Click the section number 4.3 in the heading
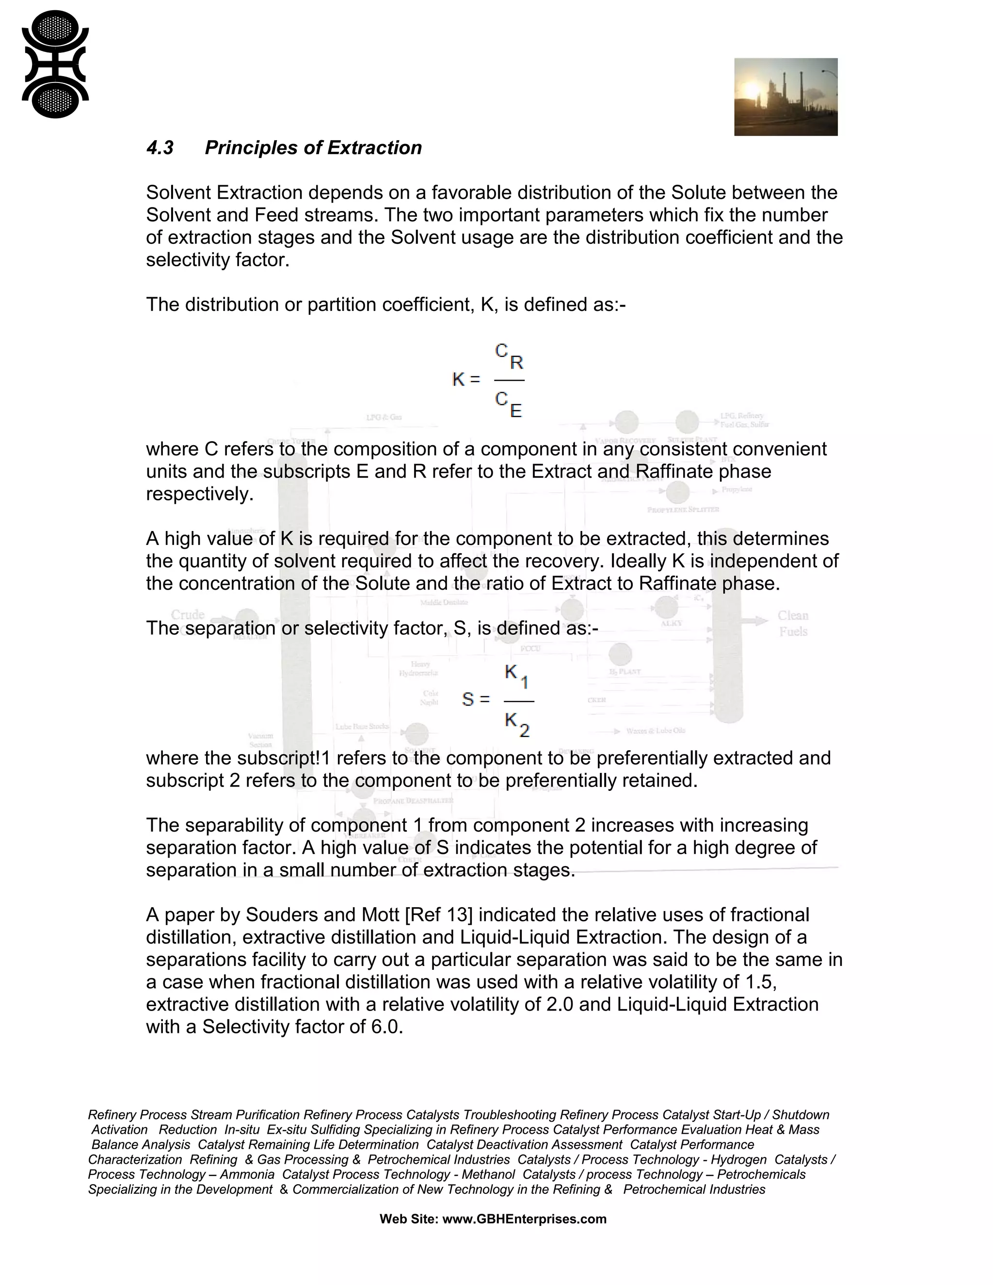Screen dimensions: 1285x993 [160, 148]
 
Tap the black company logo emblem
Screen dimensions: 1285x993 [55, 64]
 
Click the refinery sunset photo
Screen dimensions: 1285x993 [785, 97]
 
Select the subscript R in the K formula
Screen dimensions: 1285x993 [516, 362]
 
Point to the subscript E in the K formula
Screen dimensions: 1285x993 [516, 411]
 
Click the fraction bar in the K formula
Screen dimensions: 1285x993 [509, 381]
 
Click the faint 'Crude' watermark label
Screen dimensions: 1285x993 [188, 615]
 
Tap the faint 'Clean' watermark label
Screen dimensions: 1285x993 [793, 616]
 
